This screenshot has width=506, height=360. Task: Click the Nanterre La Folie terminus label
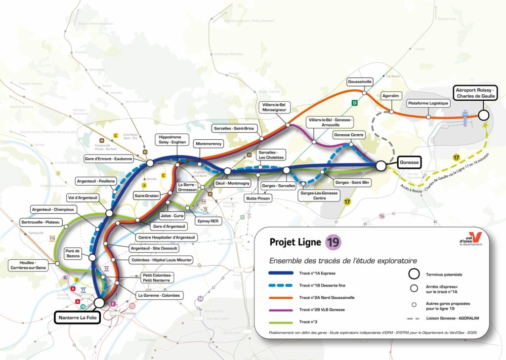pyautogui.click(x=78, y=317)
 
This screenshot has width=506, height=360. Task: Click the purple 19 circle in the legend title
pyautogui.click(x=333, y=242)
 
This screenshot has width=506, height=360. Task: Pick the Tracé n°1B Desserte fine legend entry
pyautogui.click(x=319, y=285)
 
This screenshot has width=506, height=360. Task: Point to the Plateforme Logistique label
pyautogui.click(x=428, y=103)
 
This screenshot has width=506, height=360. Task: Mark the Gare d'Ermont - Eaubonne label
pyautogui.click(x=109, y=159)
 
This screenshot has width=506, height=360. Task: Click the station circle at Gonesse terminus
pyautogui.click(x=381, y=166)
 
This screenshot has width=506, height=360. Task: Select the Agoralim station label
pyautogui.click(x=390, y=95)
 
